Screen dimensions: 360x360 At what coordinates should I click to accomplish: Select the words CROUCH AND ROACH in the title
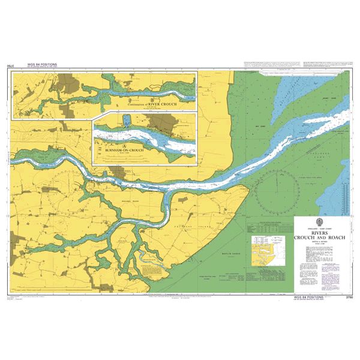click(x=323, y=238)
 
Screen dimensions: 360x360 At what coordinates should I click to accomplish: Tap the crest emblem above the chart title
click(x=323, y=223)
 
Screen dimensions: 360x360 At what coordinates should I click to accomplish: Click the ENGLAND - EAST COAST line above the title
click(x=323, y=220)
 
